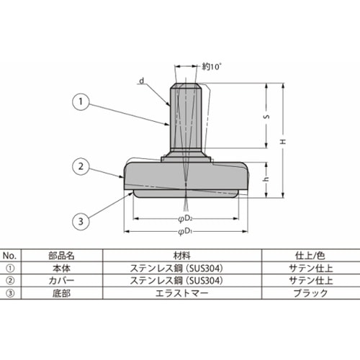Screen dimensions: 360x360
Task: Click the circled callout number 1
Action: [81, 102]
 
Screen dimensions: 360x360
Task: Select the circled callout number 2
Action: [81, 166]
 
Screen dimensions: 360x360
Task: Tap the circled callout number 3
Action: [81, 221]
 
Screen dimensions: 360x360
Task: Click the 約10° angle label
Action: [211, 66]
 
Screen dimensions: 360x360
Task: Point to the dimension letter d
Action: [142, 81]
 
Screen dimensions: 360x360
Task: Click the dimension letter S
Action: [266, 117]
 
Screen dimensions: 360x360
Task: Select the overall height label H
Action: [284, 142]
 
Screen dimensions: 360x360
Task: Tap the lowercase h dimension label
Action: [266, 179]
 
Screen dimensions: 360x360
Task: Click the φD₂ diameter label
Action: [185, 219]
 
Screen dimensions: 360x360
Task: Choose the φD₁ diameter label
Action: [185, 232]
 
